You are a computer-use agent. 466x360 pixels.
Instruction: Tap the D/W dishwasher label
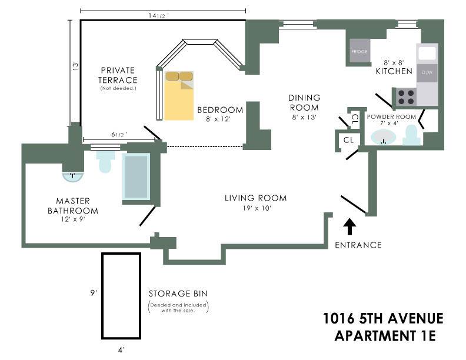[x=427, y=72]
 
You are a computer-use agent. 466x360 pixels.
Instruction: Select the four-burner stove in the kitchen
[x=405, y=96]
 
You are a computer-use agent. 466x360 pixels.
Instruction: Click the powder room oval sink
[x=383, y=138]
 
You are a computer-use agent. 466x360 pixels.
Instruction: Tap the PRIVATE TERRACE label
[x=118, y=75]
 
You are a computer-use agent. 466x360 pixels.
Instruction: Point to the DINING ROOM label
[x=304, y=102]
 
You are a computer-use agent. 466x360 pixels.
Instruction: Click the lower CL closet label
[x=348, y=140]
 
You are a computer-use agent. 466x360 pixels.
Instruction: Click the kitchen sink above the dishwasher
[x=427, y=53]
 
